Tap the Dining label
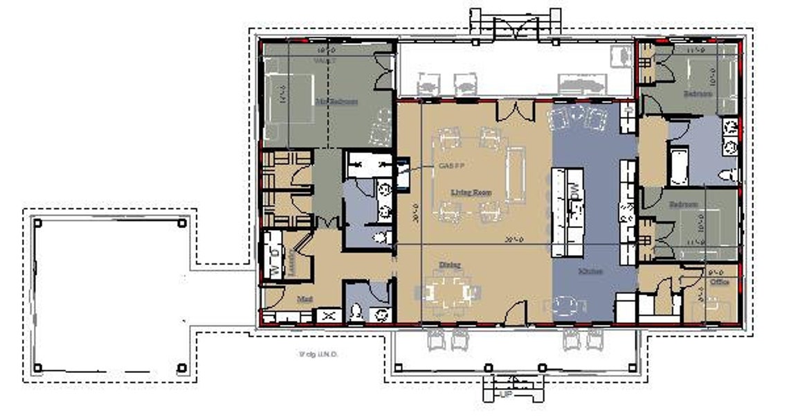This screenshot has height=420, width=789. coord(450,265)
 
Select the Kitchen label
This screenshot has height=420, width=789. coord(590,271)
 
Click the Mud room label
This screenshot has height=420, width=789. coord(305,299)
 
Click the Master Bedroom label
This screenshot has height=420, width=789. coord(337,101)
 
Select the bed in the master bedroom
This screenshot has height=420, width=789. coord(291,98)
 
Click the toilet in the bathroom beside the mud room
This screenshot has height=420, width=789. coord(355,313)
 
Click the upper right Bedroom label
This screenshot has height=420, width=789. coord(698,93)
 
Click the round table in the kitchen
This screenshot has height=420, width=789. coord(568,304)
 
